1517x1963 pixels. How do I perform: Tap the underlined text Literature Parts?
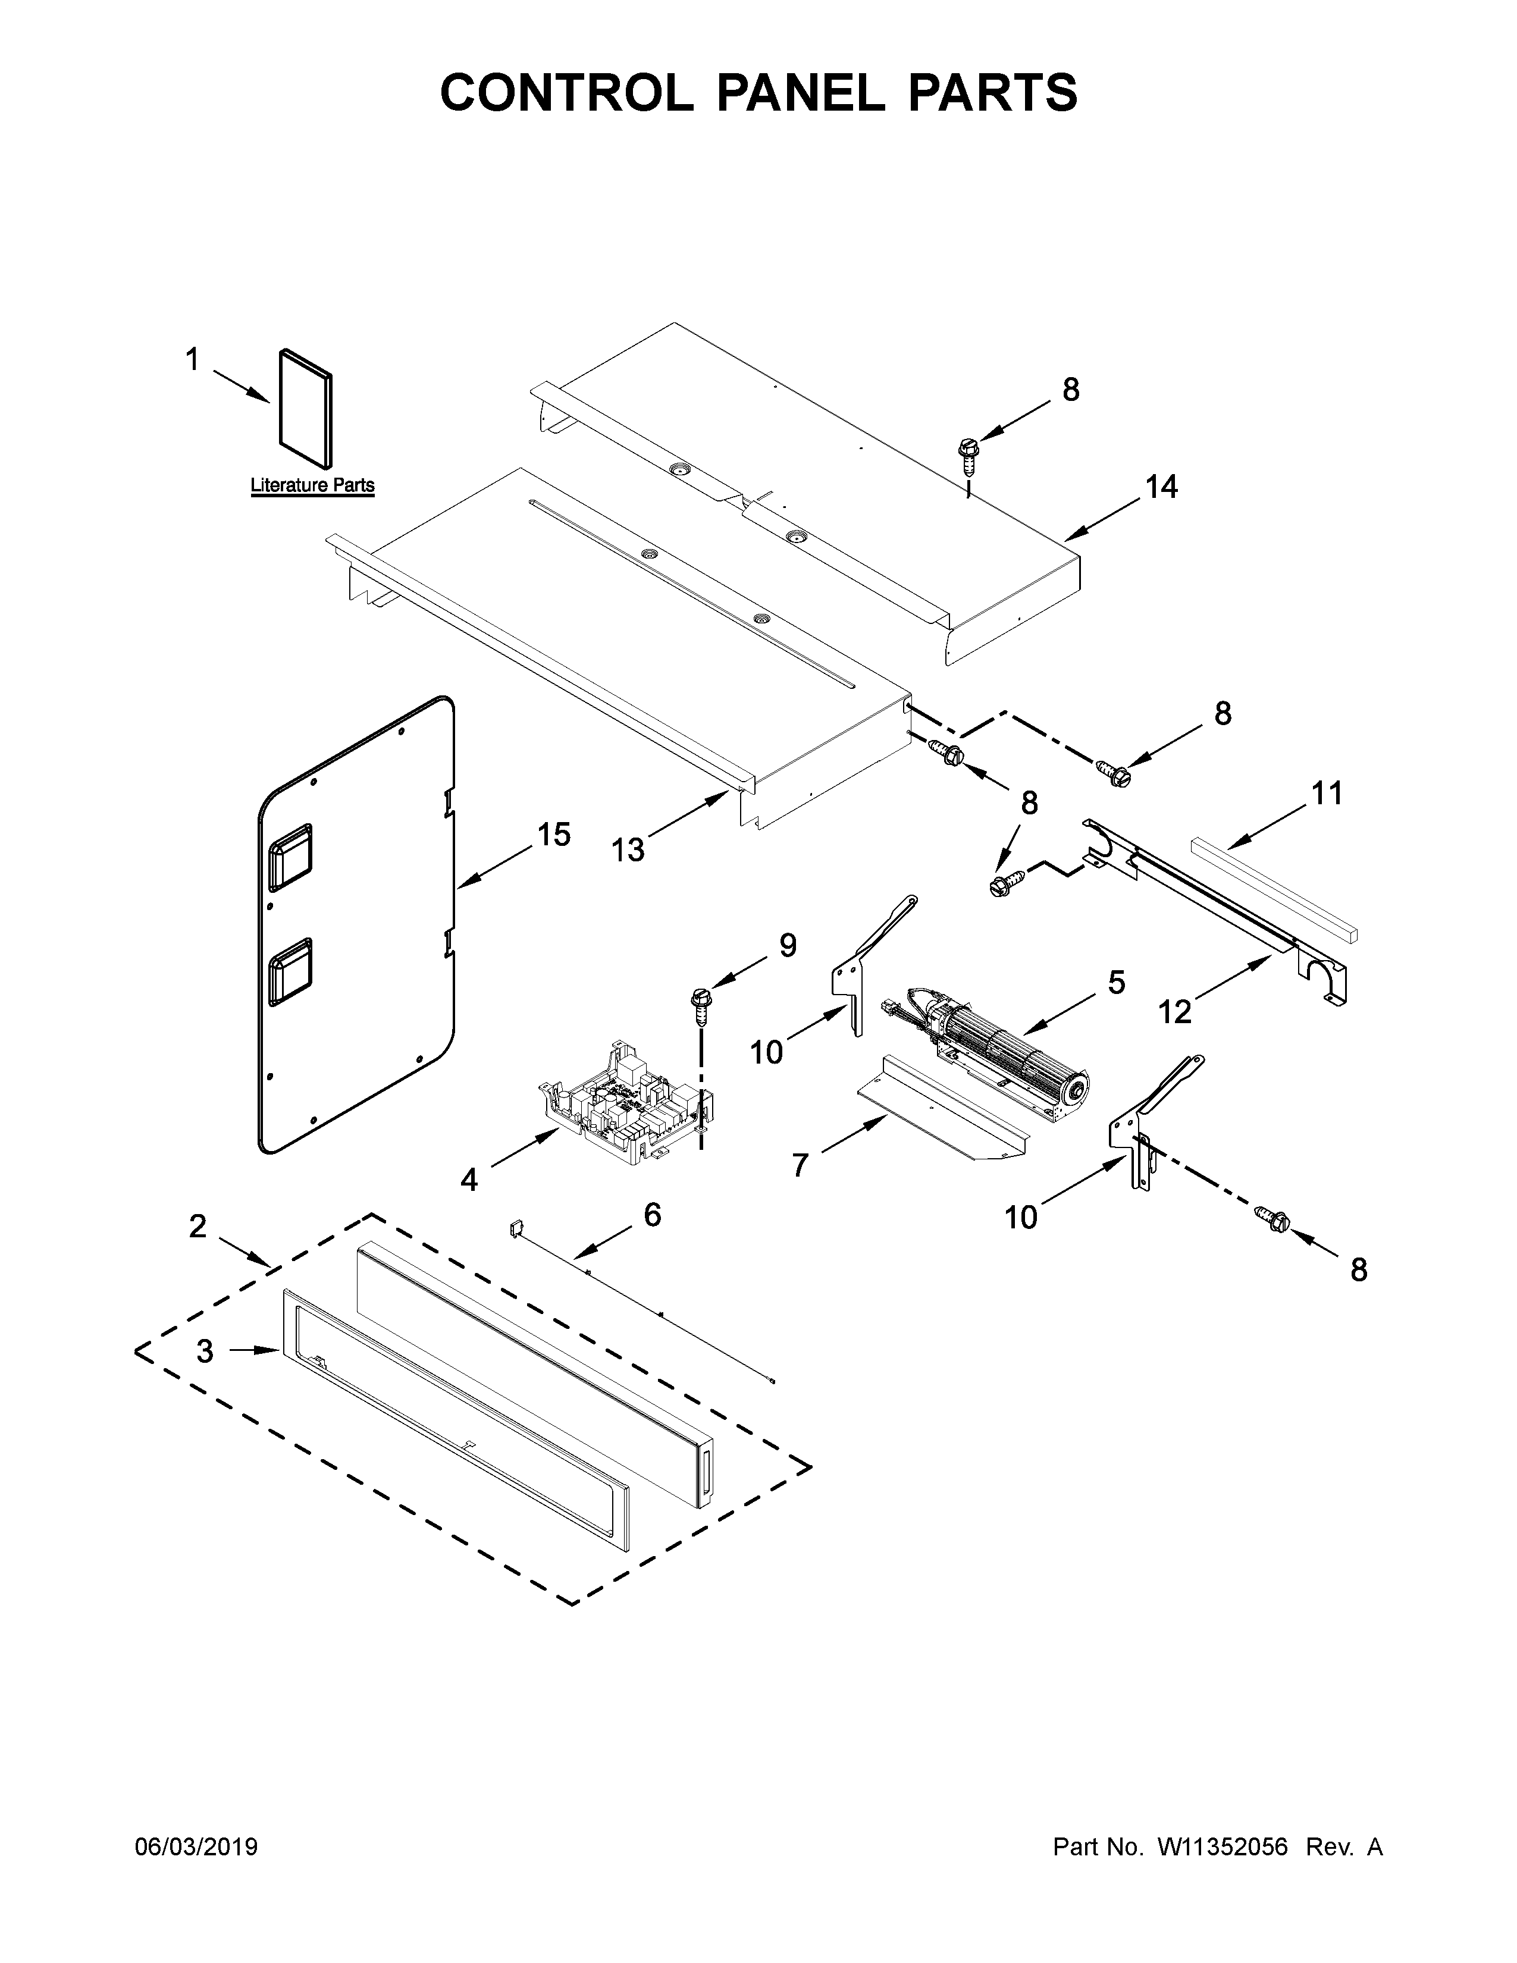click(x=312, y=485)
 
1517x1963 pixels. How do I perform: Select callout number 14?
click(x=1161, y=487)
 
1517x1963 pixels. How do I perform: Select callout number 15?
click(x=554, y=835)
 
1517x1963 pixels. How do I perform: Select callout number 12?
click(x=1174, y=1012)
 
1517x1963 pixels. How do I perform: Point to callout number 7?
click(x=800, y=1165)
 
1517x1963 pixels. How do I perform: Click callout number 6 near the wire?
click(x=653, y=1215)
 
